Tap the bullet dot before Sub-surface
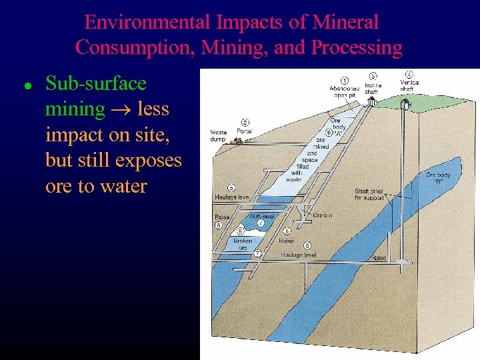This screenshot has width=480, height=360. pyautogui.click(x=26, y=86)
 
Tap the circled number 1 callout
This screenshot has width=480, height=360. pyautogui.click(x=345, y=81)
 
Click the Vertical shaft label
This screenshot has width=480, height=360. pyautogui.click(x=409, y=85)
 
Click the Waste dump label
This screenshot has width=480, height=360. pyautogui.click(x=219, y=136)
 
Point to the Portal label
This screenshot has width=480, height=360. pyautogui.click(x=245, y=131)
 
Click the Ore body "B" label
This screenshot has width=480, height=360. pyautogui.click(x=439, y=178)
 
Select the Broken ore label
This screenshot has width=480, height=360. pyautogui.click(x=243, y=244)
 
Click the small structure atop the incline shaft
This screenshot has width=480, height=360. pyautogui.click(x=371, y=102)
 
